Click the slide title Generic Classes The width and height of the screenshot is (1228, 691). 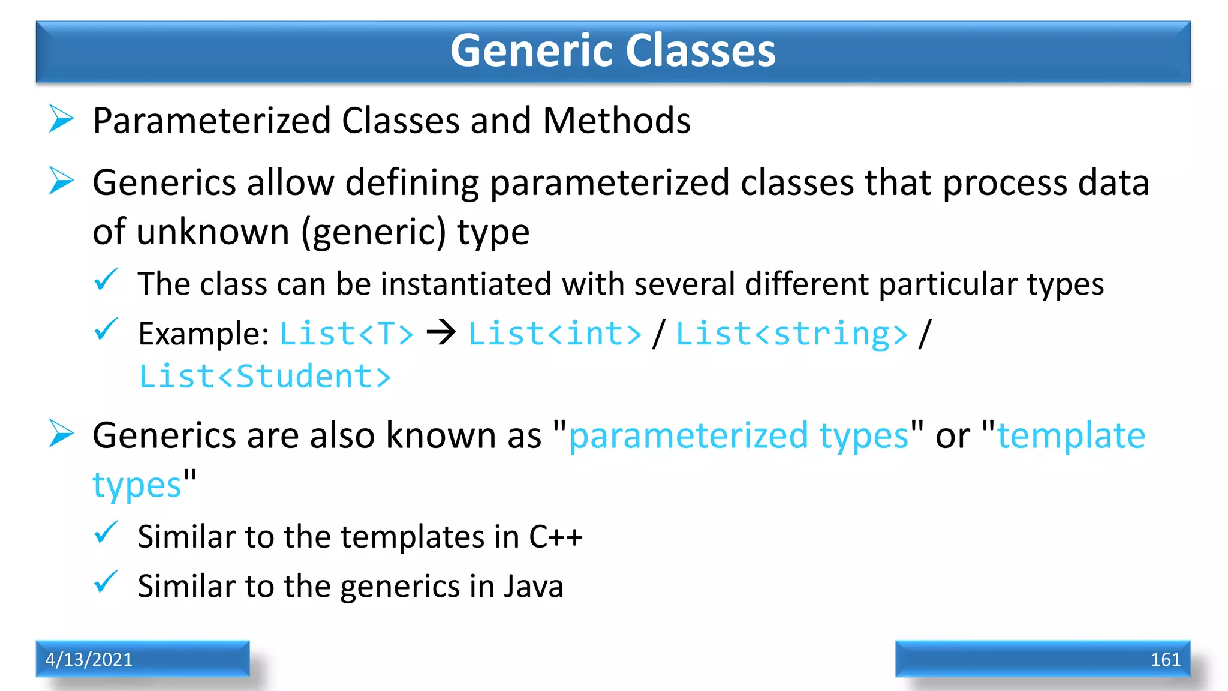tap(613, 50)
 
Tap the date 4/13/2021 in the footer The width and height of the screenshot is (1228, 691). tap(89, 659)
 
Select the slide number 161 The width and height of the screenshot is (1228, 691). tap(1165, 659)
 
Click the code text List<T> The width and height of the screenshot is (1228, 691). tap(347, 334)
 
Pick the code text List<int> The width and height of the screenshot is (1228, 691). tap(555, 334)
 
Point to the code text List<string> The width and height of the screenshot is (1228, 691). tap(791, 334)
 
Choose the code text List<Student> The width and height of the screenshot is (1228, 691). tap(264, 377)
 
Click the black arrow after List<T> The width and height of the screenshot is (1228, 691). tap(441, 332)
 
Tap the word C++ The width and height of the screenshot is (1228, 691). tap(555, 536)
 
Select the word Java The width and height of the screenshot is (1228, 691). tap(533, 586)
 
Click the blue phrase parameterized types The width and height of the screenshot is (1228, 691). tap(739, 436)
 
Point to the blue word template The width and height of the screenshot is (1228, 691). tap(1071, 435)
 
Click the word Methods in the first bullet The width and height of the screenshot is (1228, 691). tap(616, 121)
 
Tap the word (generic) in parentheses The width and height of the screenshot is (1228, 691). tap(374, 233)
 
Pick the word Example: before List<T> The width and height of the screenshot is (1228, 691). tap(203, 334)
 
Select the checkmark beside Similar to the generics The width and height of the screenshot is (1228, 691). tap(106, 582)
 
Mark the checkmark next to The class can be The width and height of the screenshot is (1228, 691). tap(106, 280)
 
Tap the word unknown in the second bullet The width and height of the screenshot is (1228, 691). tap(213, 232)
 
